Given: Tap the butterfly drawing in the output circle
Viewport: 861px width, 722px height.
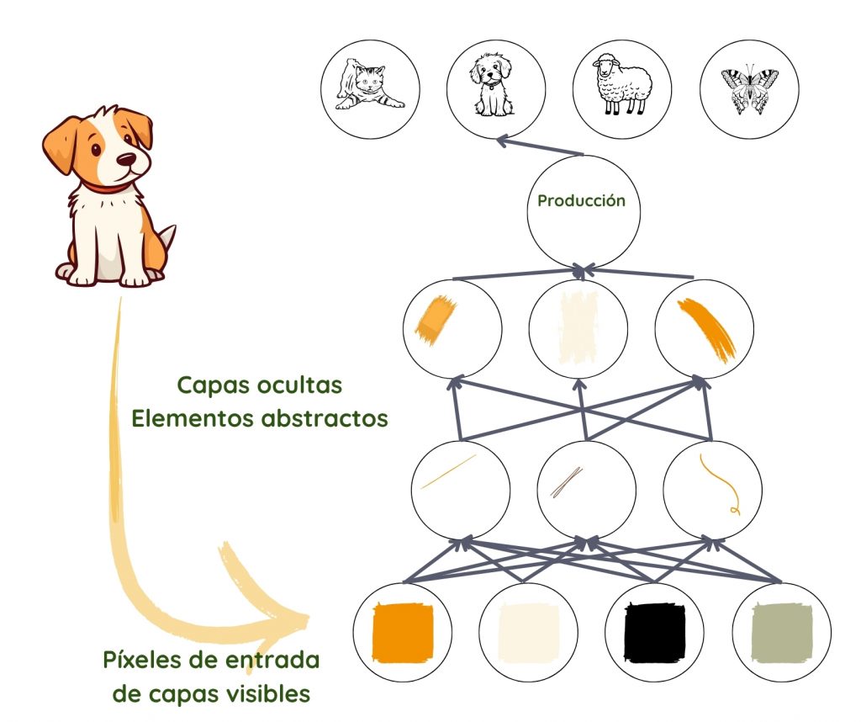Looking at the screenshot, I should coord(748,89).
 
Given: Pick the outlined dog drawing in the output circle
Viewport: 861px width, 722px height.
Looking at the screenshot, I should coord(494,86).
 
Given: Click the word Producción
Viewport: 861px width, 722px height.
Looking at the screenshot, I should coord(582,202).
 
